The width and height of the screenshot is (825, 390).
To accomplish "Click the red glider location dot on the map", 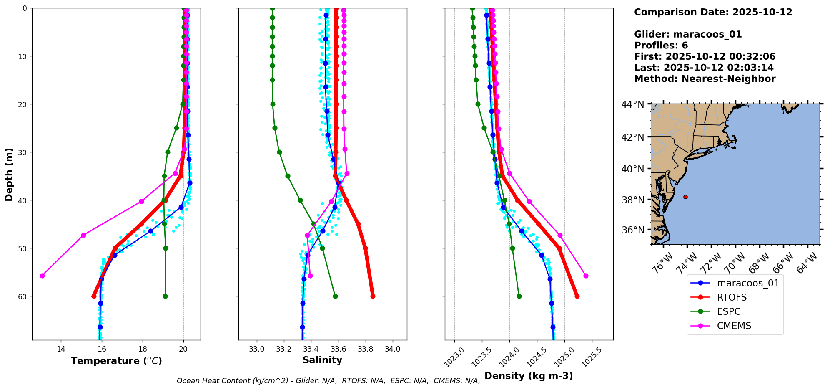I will pos(685,197).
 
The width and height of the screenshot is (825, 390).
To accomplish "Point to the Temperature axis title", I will pos(116,361).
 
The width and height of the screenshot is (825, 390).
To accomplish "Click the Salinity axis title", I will pos(322,360).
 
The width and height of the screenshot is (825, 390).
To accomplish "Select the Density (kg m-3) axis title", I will pos(529,376).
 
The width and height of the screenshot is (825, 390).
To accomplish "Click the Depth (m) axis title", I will pos(9,174).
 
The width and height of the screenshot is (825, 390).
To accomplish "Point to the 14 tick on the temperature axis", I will pos(61,349).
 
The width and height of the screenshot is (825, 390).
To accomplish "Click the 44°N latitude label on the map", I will pos(632,104).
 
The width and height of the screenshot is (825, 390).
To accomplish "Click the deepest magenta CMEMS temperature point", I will pos(42,276).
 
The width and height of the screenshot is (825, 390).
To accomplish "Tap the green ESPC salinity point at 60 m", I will pos(335,296).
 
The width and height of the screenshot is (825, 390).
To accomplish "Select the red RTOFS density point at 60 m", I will pos(577,296).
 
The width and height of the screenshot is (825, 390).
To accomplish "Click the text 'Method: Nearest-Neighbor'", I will pos(705,79).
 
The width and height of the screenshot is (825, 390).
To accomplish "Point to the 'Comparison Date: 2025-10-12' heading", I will pos(713,12).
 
